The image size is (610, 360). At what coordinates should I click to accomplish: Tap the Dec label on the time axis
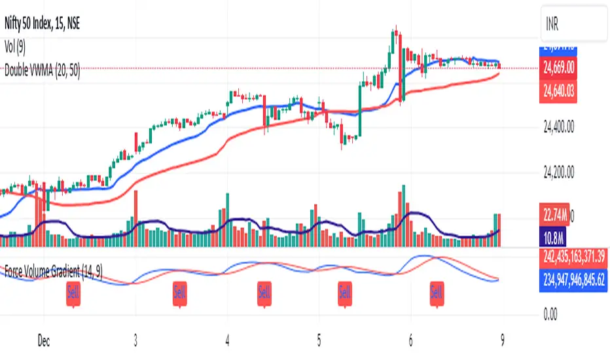pos(44,341)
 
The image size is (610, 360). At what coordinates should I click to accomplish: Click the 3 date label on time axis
pos(135,341)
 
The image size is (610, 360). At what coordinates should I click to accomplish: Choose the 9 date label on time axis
pos(502,341)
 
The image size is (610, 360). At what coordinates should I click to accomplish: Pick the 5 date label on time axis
pos(319,341)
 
